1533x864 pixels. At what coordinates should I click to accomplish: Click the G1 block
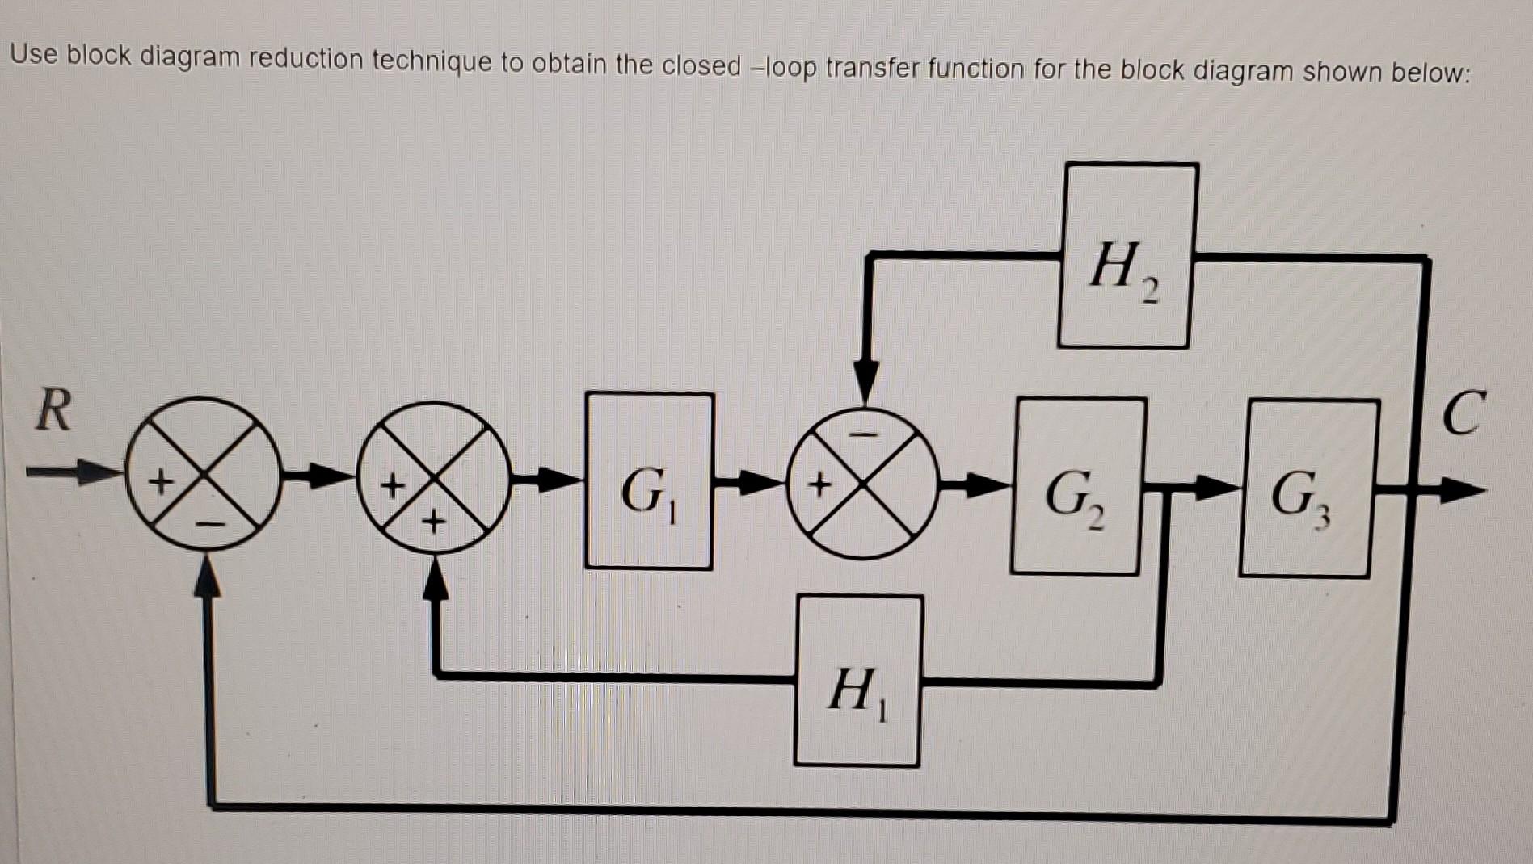pos(649,481)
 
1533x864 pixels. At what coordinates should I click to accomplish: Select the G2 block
pos(1077,486)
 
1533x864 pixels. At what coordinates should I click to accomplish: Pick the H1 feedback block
pos(858,681)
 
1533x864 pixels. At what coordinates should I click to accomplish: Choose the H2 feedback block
pos(1127,256)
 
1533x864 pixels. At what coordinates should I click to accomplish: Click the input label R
pos(53,410)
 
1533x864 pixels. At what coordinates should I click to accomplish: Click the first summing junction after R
pos(204,475)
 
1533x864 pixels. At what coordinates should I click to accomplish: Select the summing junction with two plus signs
pos(435,478)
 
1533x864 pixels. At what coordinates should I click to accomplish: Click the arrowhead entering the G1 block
pos(561,480)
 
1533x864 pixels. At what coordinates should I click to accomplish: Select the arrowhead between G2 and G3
pos(1216,487)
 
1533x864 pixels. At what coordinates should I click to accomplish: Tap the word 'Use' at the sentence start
pos(34,54)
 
